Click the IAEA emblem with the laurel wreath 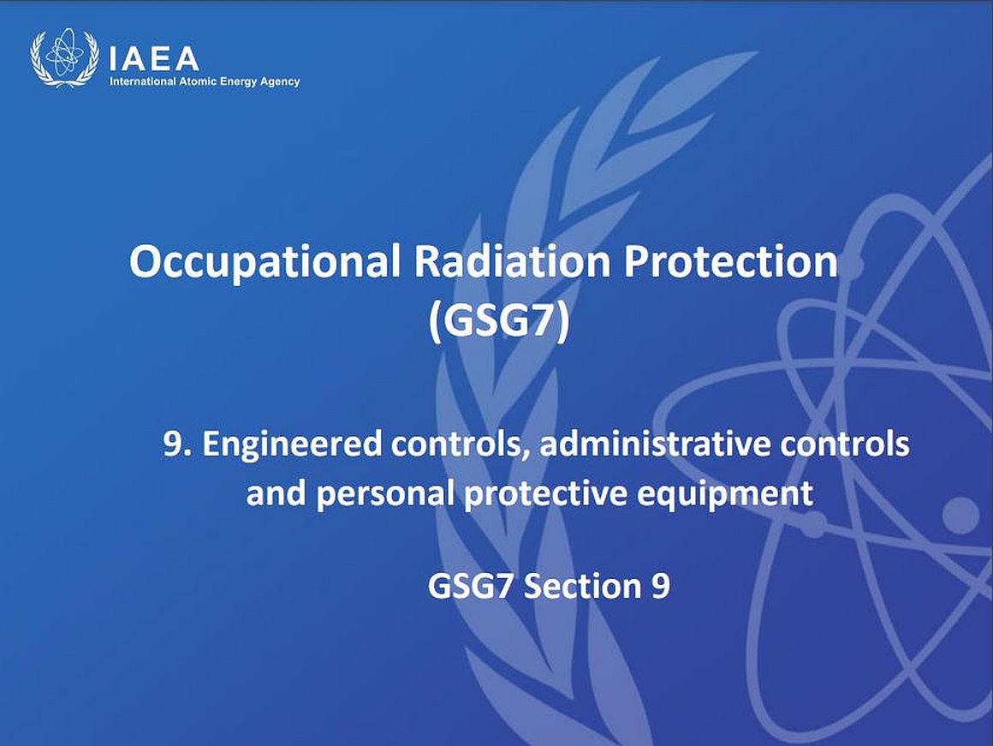(64, 57)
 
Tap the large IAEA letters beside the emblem (154, 60)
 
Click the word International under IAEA (142, 81)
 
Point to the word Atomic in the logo (198, 81)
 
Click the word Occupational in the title (265, 261)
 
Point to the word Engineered (292, 445)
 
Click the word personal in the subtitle (384, 493)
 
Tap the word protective (545, 493)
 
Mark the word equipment (724, 493)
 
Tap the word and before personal (276, 492)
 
